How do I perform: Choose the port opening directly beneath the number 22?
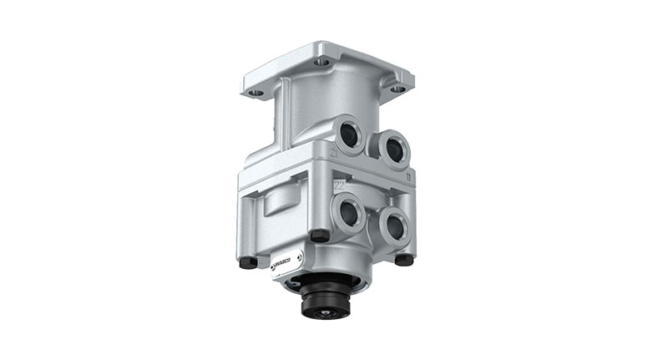(348, 213)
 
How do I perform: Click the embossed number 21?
(334, 154)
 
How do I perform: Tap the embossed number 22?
(340, 185)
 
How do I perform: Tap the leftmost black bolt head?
(246, 263)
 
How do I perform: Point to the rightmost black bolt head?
(404, 260)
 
